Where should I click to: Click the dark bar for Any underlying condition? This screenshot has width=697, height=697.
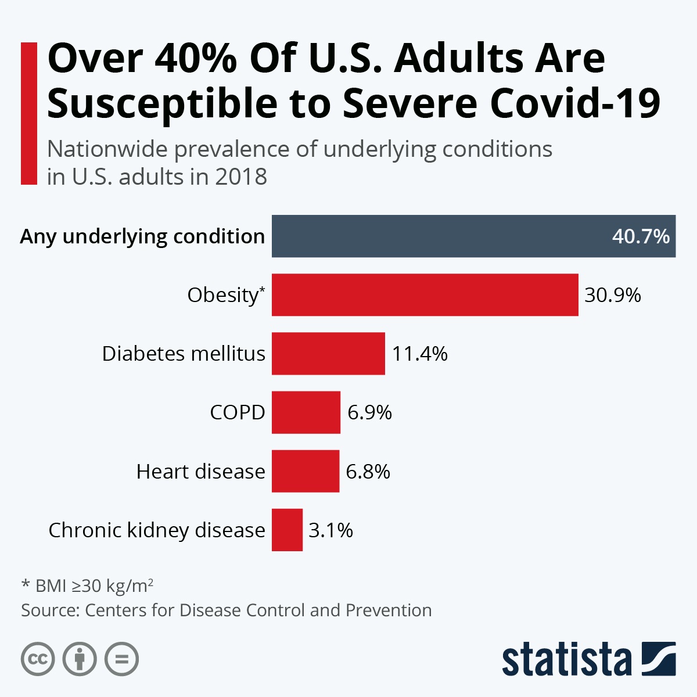(x=441, y=236)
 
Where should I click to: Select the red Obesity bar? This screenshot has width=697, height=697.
(x=425, y=294)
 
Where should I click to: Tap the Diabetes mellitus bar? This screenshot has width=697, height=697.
(x=328, y=353)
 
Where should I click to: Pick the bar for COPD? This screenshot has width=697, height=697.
(x=306, y=412)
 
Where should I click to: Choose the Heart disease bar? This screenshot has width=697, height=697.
(x=305, y=471)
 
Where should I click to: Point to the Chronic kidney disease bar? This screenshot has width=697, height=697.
(x=287, y=530)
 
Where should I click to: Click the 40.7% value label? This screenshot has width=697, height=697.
(x=640, y=236)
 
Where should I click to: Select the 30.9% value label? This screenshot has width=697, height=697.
(x=612, y=295)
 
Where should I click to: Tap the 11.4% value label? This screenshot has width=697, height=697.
(x=419, y=354)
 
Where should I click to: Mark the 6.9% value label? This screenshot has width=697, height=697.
(x=369, y=412)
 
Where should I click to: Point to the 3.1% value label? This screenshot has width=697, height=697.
(x=330, y=530)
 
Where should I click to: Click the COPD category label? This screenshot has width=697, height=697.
(x=237, y=412)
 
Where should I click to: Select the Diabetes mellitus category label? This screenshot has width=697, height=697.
(x=184, y=354)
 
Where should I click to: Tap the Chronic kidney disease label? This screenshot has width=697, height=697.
(x=156, y=530)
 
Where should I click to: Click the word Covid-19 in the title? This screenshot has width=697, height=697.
(x=575, y=103)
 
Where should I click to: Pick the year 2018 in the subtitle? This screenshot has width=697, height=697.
(x=240, y=177)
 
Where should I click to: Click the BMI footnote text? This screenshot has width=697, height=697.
(x=87, y=585)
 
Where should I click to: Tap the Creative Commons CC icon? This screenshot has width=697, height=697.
(x=38, y=659)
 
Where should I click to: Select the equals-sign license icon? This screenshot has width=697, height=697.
(x=121, y=659)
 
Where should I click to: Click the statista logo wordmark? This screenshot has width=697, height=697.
(x=566, y=660)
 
